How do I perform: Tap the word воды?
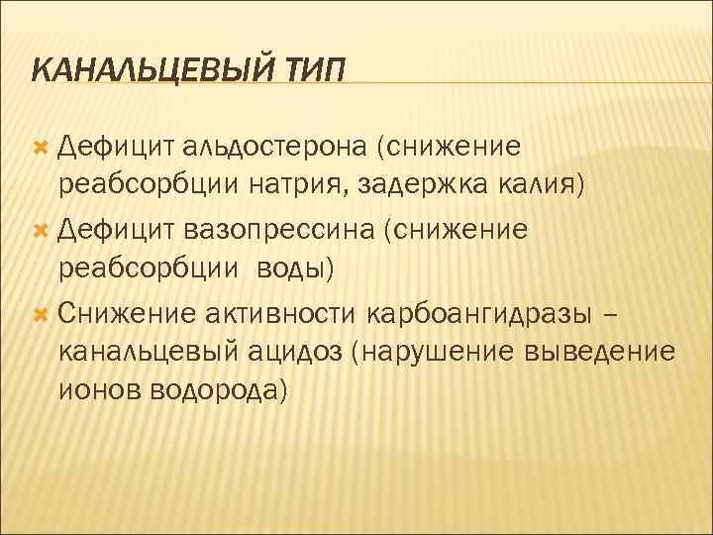coord(298,267)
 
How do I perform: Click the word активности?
coord(280,314)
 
